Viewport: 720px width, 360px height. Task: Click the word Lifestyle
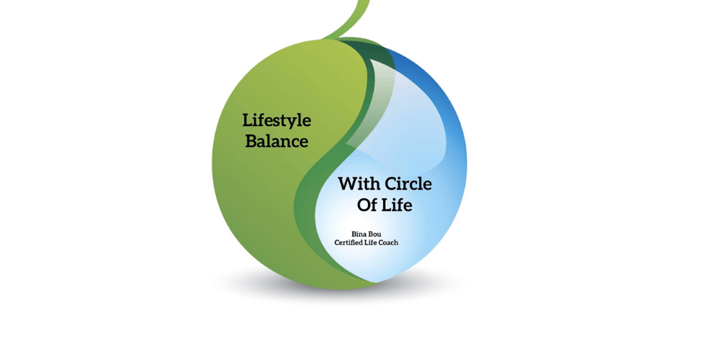[276, 121]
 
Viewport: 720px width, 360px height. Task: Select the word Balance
[276, 141]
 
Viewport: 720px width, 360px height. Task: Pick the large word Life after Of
[397, 204]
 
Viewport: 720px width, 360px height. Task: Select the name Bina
[358, 235]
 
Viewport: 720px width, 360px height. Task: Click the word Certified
[348, 243]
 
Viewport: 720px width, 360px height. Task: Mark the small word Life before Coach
[369, 243]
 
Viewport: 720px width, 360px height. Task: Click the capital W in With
[348, 184]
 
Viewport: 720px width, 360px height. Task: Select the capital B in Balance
[251, 141]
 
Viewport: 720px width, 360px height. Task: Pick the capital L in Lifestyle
[248, 120]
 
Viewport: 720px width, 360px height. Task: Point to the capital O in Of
[364, 204]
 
